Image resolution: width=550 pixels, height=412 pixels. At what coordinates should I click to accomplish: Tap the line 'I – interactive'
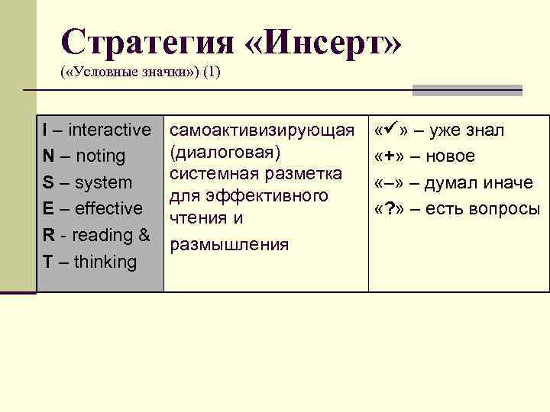pyautogui.click(x=97, y=130)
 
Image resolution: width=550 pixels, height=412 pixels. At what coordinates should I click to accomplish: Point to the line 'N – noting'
pyautogui.click(x=84, y=156)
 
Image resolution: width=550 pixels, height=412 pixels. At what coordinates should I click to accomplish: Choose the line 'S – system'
pyautogui.click(x=87, y=183)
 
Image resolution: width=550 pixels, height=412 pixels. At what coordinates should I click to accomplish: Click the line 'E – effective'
pyautogui.click(x=92, y=209)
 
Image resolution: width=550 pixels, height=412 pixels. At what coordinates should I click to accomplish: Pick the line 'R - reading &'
pyautogui.click(x=96, y=235)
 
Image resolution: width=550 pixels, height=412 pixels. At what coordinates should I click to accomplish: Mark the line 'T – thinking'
pyautogui.click(x=89, y=262)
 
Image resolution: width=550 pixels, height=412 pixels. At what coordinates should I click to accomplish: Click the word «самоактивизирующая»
pyautogui.click(x=262, y=130)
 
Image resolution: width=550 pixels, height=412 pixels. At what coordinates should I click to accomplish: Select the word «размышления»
pyautogui.click(x=229, y=244)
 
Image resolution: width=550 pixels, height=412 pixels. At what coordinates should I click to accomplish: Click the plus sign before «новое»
pyautogui.click(x=389, y=156)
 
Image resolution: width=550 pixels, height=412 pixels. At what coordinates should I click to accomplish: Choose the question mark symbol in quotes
pyautogui.click(x=389, y=209)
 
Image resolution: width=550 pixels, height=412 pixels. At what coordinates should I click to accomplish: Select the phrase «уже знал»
pyautogui.click(x=467, y=130)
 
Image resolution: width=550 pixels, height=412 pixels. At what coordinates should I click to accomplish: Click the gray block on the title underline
pyautogui.click(x=467, y=90)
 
